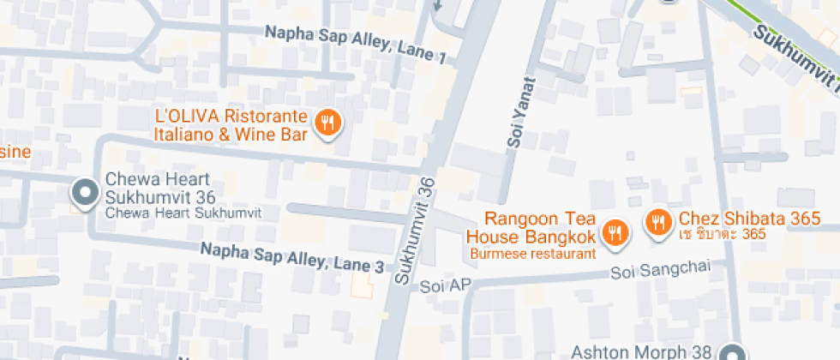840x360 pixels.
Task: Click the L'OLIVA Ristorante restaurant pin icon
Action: [327, 123]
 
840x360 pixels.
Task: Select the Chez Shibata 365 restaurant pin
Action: [658, 221]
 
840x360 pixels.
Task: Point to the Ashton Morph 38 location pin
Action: [733, 353]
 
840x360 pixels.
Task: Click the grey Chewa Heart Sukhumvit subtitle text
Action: [183, 212]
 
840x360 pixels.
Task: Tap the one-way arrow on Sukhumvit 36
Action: [439, 4]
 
